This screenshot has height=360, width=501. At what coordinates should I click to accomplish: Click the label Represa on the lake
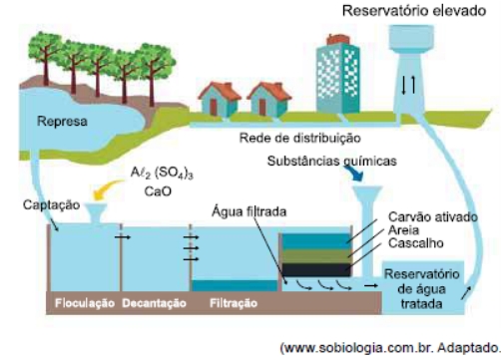click(62, 122)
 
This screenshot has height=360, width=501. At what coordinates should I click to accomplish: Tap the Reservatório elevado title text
click(414, 11)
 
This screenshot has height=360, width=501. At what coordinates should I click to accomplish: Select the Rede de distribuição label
click(300, 138)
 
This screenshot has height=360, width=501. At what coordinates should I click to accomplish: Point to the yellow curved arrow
click(107, 189)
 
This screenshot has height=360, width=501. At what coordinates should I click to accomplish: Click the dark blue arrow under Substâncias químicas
click(353, 174)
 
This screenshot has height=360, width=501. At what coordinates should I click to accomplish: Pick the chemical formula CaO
click(158, 191)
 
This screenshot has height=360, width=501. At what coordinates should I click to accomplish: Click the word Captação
click(51, 204)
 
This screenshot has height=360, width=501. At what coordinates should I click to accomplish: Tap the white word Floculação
click(85, 303)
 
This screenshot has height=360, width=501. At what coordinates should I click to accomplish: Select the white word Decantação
click(154, 303)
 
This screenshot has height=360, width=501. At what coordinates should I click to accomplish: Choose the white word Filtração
click(234, 303)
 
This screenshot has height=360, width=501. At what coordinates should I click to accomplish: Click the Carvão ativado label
click(433, 217)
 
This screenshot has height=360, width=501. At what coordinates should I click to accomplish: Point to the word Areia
click(403, 230)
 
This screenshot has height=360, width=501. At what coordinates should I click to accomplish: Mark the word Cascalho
click(416, 243)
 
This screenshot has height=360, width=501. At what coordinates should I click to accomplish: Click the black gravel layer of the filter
click(316, 270)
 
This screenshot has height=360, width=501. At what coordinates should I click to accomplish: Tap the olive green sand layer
click(316, 256)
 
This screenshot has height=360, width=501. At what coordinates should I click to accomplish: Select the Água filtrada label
click(250, 211)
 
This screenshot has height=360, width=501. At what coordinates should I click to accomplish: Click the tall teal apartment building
click(338, 77)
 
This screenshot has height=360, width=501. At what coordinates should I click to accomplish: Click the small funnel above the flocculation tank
click(96, 213)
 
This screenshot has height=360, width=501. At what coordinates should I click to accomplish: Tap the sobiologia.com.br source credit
click(391, 348)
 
